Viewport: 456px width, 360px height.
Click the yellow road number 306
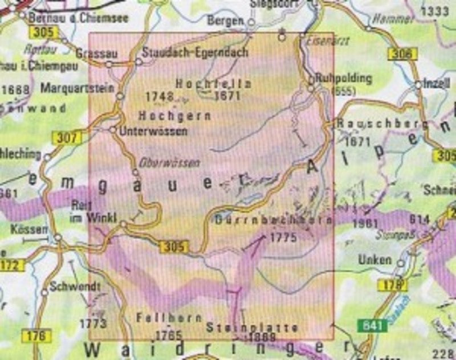(401, 54)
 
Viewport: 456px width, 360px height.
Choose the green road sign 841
(373, 325)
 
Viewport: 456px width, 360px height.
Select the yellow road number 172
(13, 265)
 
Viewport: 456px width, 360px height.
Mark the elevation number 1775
(283, 238)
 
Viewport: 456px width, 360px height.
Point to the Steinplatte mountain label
(253, 328)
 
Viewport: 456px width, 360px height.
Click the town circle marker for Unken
(400, 264)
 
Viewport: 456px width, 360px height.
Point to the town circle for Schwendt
(44, 293)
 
